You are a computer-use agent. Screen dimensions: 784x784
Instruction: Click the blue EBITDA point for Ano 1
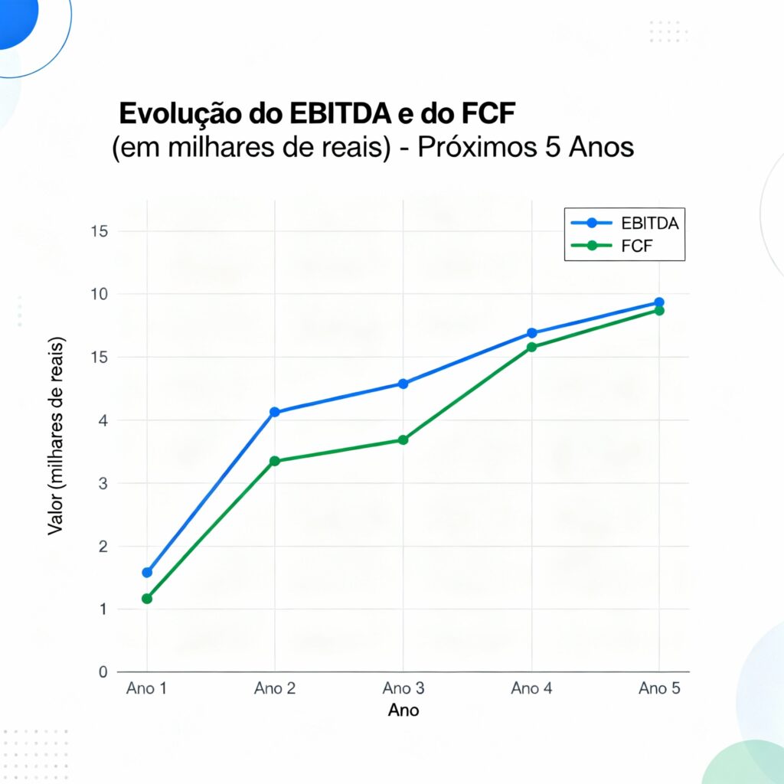tap(147, 572)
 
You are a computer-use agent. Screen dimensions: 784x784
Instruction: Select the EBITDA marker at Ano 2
tap(275, 412)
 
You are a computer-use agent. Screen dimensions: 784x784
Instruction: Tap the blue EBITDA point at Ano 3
tap(403, 384)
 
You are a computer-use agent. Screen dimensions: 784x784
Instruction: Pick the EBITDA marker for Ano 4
tap(531, 333)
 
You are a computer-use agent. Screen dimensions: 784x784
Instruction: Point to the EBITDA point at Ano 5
tap(659, 302)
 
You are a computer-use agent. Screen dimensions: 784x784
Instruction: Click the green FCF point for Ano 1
tap(147, 599)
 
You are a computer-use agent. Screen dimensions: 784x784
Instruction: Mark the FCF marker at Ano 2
tap(275, 461)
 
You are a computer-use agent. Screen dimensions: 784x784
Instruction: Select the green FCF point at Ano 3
tap(403, 439)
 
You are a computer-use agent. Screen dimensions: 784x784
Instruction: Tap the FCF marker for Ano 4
tap(531, 347)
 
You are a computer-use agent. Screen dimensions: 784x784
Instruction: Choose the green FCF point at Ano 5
tap(659, 310)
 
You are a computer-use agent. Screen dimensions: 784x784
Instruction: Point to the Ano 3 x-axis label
tap(403, 688)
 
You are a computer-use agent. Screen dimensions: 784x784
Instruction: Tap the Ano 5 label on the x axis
tap(659, 688)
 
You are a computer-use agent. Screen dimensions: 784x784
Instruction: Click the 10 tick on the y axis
tap(100, 294)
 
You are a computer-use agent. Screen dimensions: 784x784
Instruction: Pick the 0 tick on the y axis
tap(103, 672)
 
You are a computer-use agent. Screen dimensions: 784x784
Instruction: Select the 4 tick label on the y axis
tap(103, 420)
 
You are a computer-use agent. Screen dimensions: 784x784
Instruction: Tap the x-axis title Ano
tap(403, 710)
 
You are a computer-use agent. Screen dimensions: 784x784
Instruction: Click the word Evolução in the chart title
tap(181, 113)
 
